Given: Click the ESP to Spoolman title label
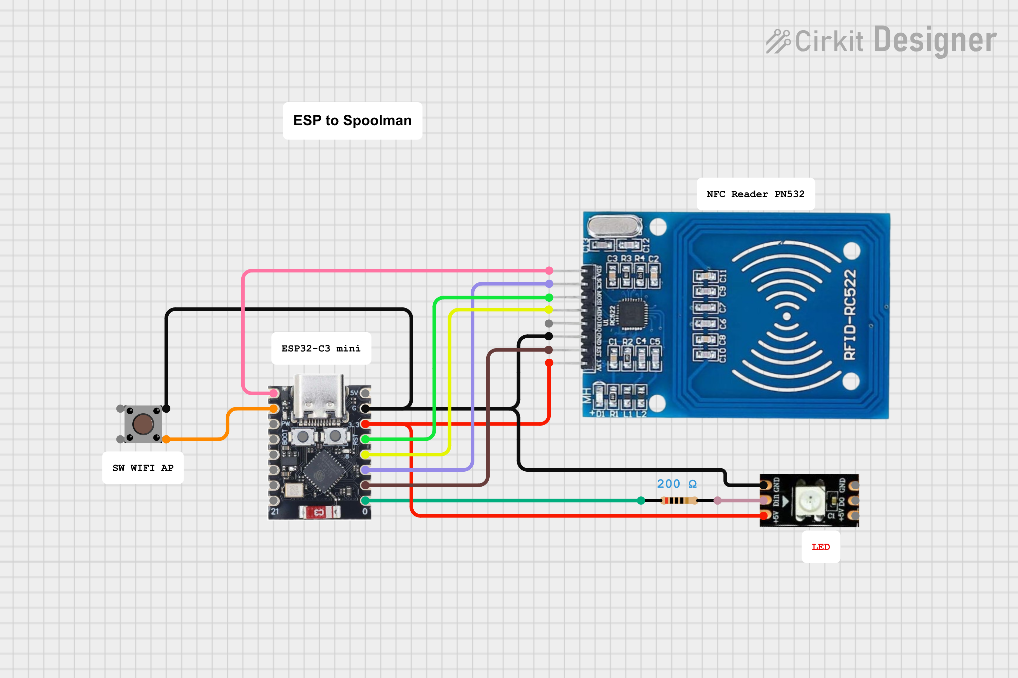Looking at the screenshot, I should (x=352, y=121).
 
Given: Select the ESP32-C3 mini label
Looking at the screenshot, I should (x=321, y=349).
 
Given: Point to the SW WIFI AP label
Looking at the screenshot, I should (x=143, y=468).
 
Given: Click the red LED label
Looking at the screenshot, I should (x=821, y=547).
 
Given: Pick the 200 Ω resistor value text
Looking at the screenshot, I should (x=677, y=484).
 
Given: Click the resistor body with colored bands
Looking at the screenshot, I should (x=679, y=501).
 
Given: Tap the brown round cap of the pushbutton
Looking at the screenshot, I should (x=143, y=424).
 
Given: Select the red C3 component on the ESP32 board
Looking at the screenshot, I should (x=319, y=512).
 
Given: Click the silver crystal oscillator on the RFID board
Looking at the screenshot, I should (x=615, y=226).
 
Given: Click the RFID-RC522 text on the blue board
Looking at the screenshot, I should (x=850, y=315).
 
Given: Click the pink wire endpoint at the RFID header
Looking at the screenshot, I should (x=549, y=271).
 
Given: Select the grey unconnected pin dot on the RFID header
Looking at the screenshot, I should (x=549, y=323).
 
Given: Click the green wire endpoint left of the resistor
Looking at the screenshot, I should (x=641, y=501).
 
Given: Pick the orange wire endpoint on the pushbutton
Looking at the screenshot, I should (x=166, y=439).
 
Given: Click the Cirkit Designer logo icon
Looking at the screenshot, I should (x=778, y=41).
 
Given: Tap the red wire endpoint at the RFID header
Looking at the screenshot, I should (x=549, y=363).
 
